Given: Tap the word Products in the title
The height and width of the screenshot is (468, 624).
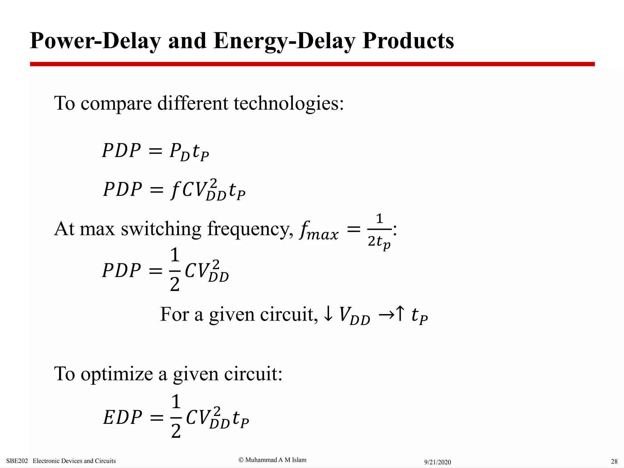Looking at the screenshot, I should point(408,41).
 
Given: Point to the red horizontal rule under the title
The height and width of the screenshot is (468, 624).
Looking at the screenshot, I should point(312,64).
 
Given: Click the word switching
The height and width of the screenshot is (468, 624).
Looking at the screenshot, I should point(161,229).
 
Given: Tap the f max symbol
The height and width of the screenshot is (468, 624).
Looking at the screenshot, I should point(318,231).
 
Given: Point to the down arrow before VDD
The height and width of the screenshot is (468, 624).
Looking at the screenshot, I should point(328,314).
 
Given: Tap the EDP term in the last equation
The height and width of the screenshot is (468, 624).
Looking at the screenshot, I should point(122,417).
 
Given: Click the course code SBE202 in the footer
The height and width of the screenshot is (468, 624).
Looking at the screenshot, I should point(17,461).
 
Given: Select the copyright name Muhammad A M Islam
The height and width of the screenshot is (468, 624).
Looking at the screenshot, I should point(275,460).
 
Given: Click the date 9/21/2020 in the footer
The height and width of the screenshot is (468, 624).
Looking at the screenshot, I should point(437,462).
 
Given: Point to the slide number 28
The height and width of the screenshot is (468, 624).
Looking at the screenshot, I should point(614,461).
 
